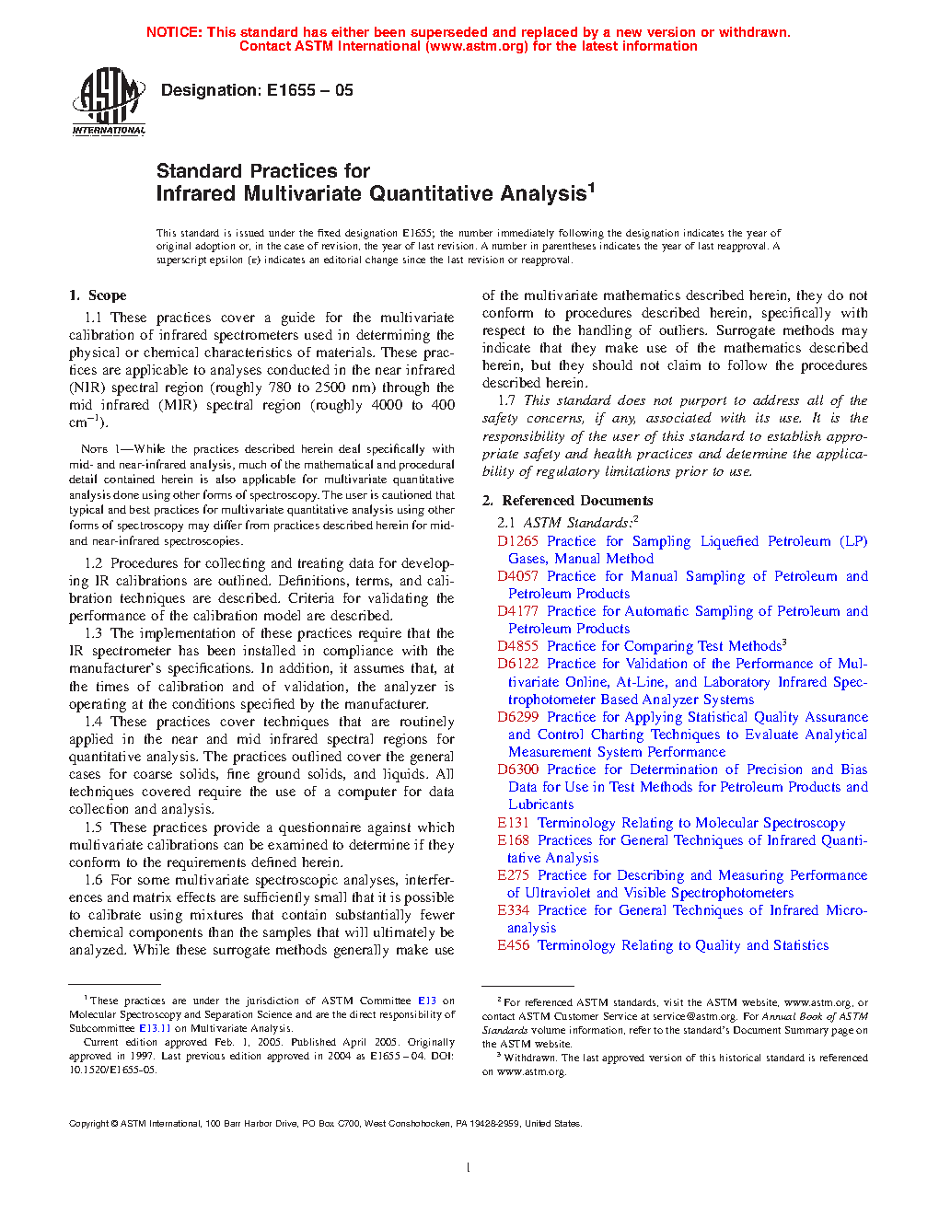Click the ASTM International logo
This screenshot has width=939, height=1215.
[x=109, y=102]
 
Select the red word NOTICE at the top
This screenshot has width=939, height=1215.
[x=174, y=32]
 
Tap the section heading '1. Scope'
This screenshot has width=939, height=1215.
[x=98, y=295]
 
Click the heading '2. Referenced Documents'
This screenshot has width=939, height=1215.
[x=568, y=501]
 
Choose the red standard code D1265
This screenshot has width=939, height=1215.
[x=517, y=541]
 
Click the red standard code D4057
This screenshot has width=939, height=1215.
[x=517, y=576]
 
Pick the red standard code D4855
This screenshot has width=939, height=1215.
[x=517, y=646]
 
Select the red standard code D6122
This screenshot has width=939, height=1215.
[x=517, y=664]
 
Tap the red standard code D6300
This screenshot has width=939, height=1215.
[x=517, y=769]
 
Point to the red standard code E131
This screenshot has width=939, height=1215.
[x=513, y=823]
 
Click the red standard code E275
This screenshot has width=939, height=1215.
[x=513, y=875]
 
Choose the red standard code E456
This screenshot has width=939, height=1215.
[x=513, y=945]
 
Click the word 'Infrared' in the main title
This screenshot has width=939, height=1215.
[x=196, y=194]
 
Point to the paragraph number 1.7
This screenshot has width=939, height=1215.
[x=506, y=400]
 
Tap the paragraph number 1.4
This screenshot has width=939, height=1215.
[x=93, y=722]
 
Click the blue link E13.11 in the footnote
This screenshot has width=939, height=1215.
[x=155, y=1028]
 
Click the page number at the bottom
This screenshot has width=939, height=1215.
[x=469, y=1167]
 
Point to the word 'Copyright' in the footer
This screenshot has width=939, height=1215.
[x=89, y=1123]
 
